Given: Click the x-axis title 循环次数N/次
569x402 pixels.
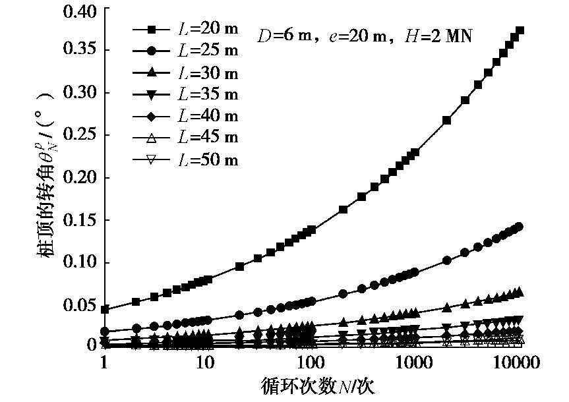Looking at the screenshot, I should pyautogui.click(x=310, y=386).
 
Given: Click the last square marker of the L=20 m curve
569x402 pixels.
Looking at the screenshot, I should pyautogui.click(x=520, y=30).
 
